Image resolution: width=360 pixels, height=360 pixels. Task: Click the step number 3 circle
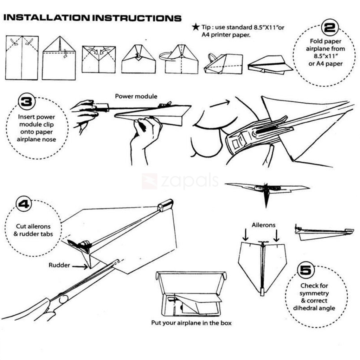point(27,102)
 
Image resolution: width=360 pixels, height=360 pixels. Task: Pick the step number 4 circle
point(24,204)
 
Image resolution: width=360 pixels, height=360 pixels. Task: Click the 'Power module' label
point(136,96)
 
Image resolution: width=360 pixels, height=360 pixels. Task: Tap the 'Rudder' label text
point(59,265)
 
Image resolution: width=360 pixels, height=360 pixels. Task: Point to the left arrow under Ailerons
point(246,235)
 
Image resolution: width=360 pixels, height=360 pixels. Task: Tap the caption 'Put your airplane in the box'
point(191,322)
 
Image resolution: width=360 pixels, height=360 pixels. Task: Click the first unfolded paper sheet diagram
point(22,57)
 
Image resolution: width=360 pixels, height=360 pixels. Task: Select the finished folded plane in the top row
point(270,65)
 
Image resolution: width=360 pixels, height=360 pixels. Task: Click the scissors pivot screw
point(63,300)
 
